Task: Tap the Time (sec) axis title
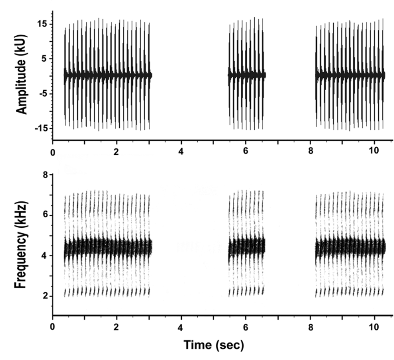(214, 345)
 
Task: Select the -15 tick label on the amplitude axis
(41, 128)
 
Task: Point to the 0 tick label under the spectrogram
(53, 327)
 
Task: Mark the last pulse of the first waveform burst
(149, 75)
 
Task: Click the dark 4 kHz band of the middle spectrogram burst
(246, 247)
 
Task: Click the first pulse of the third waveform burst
(316, 75)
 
